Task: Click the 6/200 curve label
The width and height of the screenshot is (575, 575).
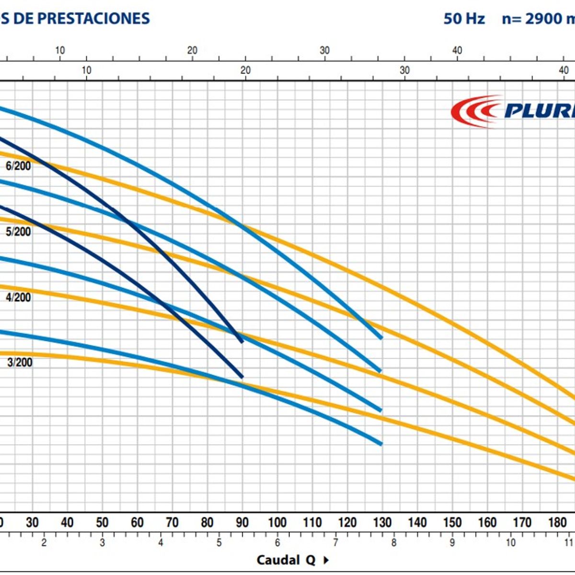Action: point(18,166)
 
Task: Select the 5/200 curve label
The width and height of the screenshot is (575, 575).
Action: point(18,232)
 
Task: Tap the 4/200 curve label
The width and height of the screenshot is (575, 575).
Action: point(18,298)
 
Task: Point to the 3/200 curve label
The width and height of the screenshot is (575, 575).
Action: point(20,362)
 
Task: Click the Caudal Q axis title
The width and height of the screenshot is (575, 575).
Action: point(286,560)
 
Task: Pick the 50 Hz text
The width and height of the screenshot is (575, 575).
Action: point(464,19)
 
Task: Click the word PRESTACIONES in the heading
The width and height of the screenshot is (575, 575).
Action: point(93,18)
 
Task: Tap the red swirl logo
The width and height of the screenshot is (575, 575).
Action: point(474,111)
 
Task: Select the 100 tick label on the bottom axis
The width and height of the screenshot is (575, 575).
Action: point(277,522)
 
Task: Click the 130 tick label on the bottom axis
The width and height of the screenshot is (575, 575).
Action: point(382,522)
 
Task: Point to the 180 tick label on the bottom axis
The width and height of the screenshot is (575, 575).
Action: point(557,522)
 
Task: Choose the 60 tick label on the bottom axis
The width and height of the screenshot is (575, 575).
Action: point(137,522)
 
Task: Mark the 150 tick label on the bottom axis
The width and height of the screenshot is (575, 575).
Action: point(452,522)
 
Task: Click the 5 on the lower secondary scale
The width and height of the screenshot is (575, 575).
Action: point(219,543)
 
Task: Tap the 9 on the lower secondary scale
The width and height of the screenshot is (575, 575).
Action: point(452,543)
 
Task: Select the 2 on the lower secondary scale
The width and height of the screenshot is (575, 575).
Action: point(44,543)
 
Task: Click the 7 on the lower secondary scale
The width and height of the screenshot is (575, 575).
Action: point(335,543)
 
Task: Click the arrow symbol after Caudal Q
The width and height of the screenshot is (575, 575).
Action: point(326,560)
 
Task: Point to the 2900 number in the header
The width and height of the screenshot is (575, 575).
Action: point(543,19)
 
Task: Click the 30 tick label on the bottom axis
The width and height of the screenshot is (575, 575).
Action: point(32,522)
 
